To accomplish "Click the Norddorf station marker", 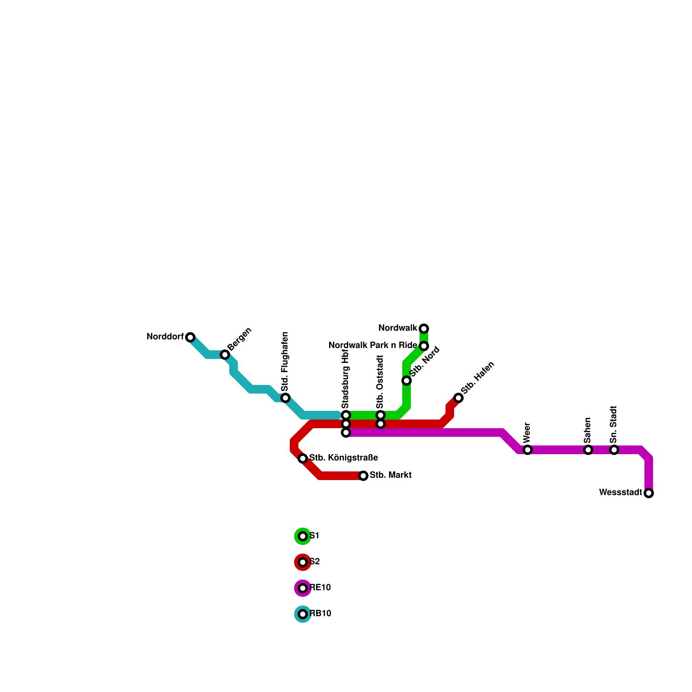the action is tap(190, 337).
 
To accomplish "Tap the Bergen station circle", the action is tap(225, 355).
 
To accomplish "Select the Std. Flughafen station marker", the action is tap(285, 398).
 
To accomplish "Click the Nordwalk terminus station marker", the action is tap(424, 328).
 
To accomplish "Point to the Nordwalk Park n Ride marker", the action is tap(424, 346).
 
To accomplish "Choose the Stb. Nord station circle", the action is tap(407, 381).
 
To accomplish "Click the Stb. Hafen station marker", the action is tap(458, 398).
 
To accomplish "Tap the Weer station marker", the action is tap(528, 450).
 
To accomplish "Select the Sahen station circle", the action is tap(588, 450).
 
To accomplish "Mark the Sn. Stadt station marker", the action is tap(614, 450).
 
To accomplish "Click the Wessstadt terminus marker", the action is tap(649, 493).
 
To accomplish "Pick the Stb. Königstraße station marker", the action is tap(303, 458).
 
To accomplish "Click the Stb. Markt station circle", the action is tap(363, 476).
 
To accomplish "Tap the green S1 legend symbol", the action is tap(303, 536).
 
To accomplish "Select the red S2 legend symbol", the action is tap(303, 562).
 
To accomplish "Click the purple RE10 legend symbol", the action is tap(303, 588).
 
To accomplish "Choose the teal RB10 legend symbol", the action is tap(303, 614).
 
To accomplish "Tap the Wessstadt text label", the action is tap(621, 493).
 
